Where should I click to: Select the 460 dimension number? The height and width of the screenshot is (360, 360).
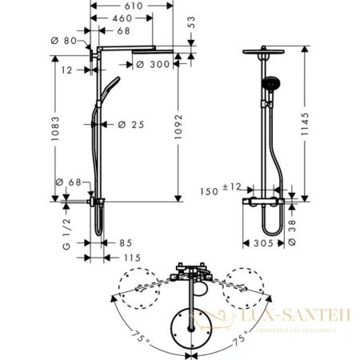pyautogui.click(x=121, y=18)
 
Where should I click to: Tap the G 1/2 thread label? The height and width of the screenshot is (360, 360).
pyautogui.click(x=66, y=218)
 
